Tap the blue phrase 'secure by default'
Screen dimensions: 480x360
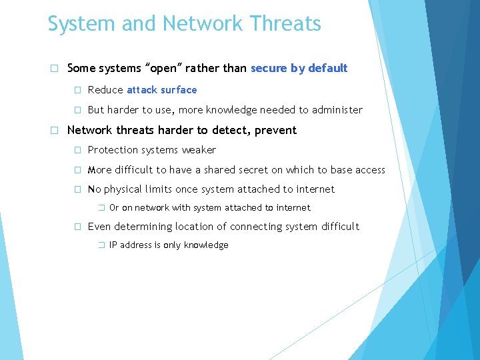(x=299, y=68)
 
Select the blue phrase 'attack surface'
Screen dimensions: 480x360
(x=161, y=89)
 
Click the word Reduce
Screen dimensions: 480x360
(x=105, y=89)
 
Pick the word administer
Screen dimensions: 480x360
(x=338, y=110)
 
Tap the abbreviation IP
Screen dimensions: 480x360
(x=113, y=245)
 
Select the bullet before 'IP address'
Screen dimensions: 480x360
(x=102, y=245)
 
